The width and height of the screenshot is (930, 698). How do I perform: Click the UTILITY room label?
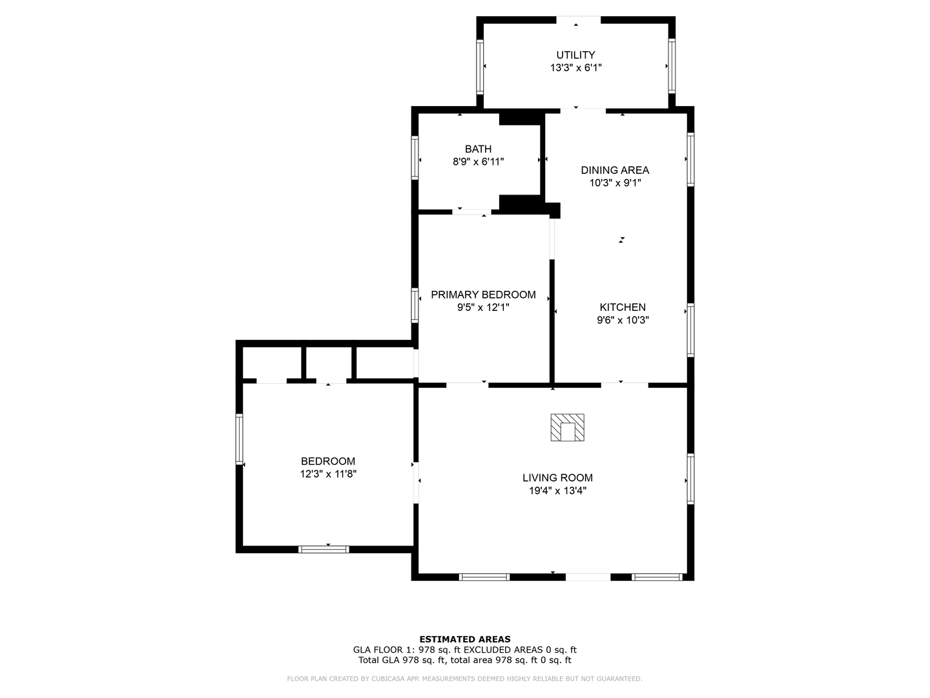[x=575, y=55]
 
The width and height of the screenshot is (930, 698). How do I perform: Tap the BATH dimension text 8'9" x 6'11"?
[x=478, y=162]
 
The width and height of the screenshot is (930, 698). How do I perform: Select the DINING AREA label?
[x=615, y=170]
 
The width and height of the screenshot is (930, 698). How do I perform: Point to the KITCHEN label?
[x=623, y=307]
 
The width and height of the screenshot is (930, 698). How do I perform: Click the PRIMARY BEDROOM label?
[x=483, y=295]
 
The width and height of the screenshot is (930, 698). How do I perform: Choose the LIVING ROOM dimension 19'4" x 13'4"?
[x=557, y=491]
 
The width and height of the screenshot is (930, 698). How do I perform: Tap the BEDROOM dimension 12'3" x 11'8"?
[x=328, y=474]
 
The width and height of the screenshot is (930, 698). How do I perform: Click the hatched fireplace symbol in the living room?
[x=567, y=428]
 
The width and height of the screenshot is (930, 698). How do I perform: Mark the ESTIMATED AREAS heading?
[x=465, y=639]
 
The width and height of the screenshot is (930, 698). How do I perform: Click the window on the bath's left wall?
[x=415, y=157]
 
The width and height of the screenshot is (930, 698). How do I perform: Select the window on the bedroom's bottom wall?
[x=324, y=549]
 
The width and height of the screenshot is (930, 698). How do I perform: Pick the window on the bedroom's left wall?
[x=239, y=439]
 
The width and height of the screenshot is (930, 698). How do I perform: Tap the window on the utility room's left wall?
[x=480, y=66]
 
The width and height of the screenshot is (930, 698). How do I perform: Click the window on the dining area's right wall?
[x=690, y=159]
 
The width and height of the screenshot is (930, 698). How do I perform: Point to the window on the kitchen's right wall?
[x=690, y=330]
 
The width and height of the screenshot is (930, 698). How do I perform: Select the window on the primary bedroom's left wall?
[x=415, y=305]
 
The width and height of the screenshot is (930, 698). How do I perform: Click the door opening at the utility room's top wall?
[x=577, y=20]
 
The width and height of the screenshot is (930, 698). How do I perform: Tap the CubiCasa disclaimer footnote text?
[x=465, y=679]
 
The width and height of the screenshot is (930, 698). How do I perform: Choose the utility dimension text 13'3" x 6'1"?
[x=575, y=67]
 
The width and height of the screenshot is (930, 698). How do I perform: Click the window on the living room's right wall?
[x=690, y=478]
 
